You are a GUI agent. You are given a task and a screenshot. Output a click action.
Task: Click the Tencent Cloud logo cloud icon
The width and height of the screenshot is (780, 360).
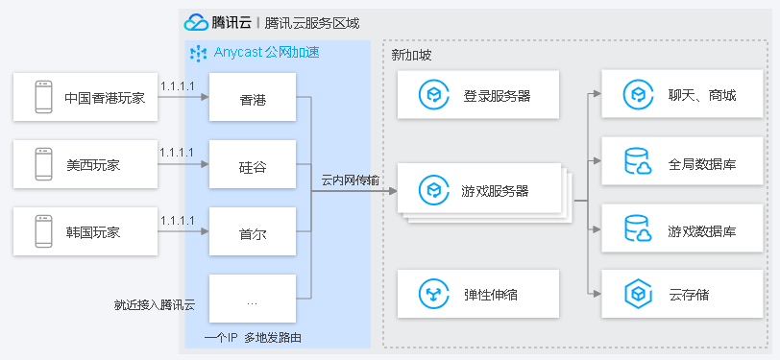point(196,22)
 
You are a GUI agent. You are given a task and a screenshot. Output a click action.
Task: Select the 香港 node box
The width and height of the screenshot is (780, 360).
point(253,99)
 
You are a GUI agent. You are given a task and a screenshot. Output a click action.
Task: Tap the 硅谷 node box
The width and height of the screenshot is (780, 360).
point(253,165)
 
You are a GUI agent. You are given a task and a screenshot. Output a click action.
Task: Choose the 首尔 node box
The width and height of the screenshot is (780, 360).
point(253,232)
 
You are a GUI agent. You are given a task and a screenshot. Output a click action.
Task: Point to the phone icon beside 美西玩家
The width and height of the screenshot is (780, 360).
point(43,164)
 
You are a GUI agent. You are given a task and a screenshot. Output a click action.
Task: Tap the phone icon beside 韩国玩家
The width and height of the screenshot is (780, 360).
point(43,231)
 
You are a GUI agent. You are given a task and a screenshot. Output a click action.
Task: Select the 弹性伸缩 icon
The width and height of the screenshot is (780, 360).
point(433,294)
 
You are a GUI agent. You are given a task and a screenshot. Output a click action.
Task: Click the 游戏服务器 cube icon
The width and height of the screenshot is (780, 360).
point(433,190)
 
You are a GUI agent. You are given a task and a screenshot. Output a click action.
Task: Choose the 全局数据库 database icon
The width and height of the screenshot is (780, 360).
point(638,162)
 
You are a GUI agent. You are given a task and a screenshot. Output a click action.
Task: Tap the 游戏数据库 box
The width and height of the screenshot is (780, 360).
point(683,230)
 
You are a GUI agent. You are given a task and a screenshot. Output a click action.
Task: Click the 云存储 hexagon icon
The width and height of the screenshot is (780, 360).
point(638,294)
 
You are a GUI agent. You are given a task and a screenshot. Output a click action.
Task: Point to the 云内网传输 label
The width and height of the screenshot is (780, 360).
point(349,180)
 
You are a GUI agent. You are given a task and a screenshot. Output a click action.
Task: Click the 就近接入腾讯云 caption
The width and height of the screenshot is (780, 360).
point(154,305)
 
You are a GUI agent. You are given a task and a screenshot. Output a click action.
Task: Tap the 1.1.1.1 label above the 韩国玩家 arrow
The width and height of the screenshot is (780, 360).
point(178,220)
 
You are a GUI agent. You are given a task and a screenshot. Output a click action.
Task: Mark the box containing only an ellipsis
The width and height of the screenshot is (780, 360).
point(253,300)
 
